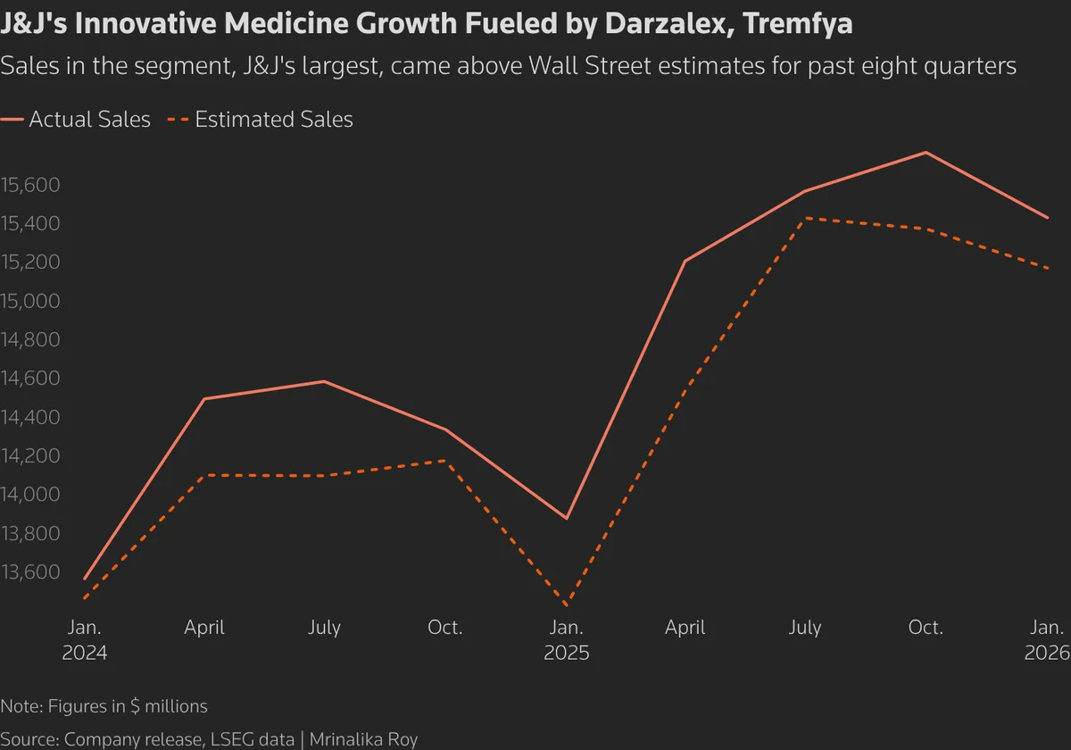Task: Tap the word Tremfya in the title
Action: click(797, 24)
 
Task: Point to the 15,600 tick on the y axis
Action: click(29, 185)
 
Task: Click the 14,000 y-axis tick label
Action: click(29, 495)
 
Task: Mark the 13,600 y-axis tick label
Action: click(29, 572)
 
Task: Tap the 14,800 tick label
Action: click(29, 340)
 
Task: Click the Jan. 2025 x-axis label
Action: click(567, 640)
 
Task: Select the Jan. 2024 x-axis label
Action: click(85, 640)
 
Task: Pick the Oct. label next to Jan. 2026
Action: click(926, 628)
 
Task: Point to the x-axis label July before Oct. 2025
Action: click(805, 628)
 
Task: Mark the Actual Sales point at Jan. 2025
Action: click(567, 518)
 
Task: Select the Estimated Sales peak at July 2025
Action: click(806, 218)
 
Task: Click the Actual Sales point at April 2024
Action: click(205, 399)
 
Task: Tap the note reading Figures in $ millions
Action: click(124, 706)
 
